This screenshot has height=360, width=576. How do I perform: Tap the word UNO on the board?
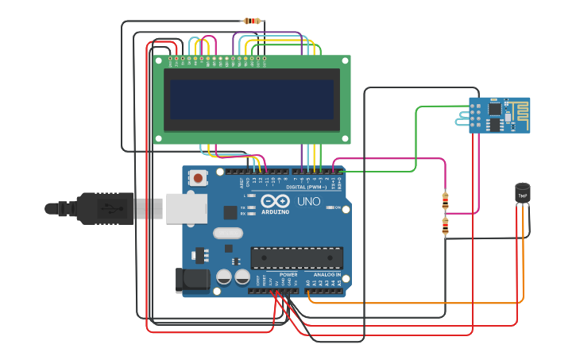(x=308, y=201)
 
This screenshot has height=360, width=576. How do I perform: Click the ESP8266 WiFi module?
(x=498, y=114)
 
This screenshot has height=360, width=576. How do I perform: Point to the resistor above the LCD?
(x=253, y=21)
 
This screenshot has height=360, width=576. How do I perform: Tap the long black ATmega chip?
(x=297, y=257)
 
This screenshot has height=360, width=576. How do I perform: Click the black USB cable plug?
(x=103, y=208)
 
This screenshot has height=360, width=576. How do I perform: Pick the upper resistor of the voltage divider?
(x=445, y=200)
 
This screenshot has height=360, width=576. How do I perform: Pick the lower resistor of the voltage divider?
(x=445, y=226)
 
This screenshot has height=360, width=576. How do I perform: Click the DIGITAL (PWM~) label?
(x=316, y=187)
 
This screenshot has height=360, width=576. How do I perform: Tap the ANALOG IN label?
(x=327, y=274)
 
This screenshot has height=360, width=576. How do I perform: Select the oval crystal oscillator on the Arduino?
(x=227, y=234)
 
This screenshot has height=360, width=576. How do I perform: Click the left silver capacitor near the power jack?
(x=224, y=277)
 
